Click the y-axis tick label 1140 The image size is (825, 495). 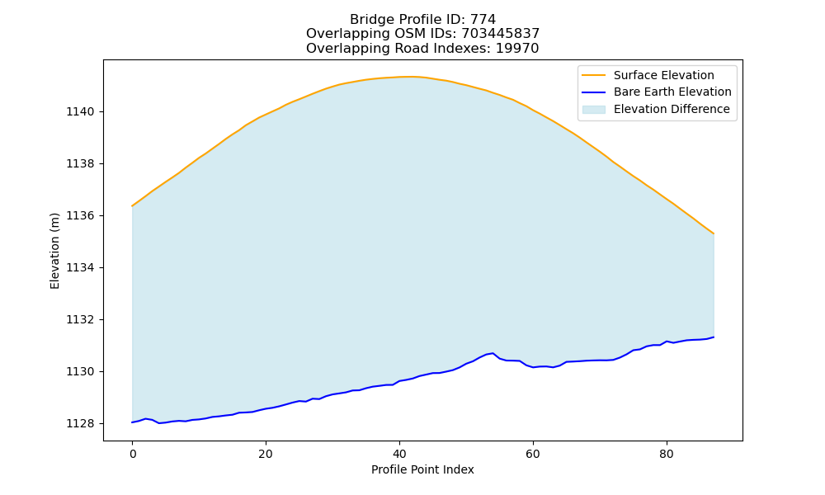80,112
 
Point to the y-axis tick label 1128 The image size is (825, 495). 80,424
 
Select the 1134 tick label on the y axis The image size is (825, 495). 80,268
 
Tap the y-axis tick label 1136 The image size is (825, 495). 80,216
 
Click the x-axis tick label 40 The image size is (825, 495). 399,454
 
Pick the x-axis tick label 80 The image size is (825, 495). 666,454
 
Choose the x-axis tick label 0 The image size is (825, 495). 133,454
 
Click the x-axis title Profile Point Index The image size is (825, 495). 422,469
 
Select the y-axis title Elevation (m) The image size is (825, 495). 54,251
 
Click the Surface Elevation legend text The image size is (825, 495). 664,75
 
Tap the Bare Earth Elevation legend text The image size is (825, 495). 672,92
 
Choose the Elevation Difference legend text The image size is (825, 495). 672,109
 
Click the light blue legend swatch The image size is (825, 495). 593,110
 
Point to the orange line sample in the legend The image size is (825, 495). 593,75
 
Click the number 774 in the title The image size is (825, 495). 483,20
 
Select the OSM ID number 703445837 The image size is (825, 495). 501,34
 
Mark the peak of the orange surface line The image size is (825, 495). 406,77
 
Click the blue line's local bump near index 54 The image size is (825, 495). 493,353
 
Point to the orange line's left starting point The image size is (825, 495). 132,206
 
